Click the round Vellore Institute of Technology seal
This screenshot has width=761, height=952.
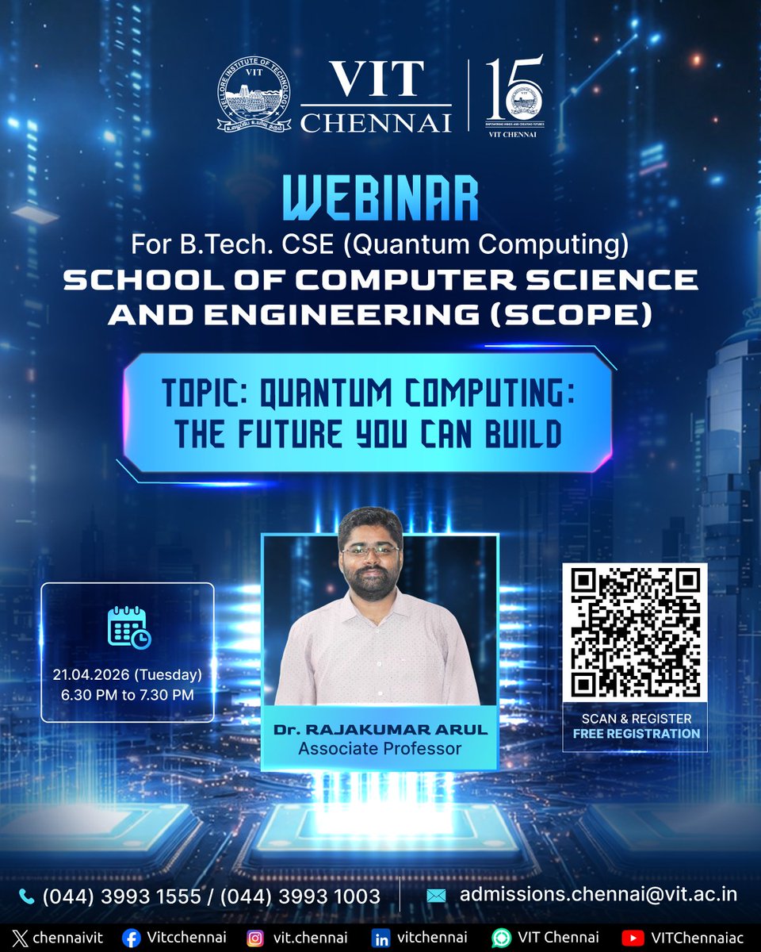coord(254,98)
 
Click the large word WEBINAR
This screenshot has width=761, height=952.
coord(380,202)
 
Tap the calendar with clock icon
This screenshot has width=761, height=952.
coord(128,628)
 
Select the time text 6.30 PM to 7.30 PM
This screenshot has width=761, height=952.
coord(128,694)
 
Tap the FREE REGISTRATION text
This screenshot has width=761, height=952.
coord(637,734)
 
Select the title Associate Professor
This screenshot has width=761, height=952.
coord(379,748)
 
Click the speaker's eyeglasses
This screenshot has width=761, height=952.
coord(369,550)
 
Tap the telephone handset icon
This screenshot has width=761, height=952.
coord(27,896)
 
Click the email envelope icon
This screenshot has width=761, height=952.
coord(436,896)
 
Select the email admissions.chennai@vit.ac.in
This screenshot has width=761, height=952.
coord(598,895)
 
